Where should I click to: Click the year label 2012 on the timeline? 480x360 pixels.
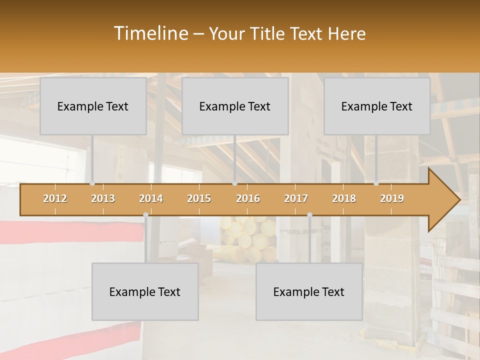tap(55, 198)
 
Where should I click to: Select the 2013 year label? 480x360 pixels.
tap(103, 198)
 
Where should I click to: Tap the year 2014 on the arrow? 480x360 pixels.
tap(151, 198)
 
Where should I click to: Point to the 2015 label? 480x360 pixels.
tap(199, 198)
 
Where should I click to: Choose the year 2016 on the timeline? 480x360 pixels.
tap(248, 198)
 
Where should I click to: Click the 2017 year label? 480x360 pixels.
tap(296, 198)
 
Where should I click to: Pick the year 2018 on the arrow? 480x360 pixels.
tap(344, 198)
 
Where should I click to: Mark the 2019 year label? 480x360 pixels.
tap(392, 198)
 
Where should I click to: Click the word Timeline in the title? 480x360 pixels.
tap(150, 33)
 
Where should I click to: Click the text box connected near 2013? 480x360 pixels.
tap(93, 106)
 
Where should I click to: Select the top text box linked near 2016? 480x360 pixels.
tap(235, 106)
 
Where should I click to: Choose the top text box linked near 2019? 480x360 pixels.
tap(377, 106)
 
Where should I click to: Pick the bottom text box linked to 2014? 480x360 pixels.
tap(145, 291)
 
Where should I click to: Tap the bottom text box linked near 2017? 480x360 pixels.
tap(309, 291)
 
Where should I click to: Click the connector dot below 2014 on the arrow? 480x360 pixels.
tap(145, 214)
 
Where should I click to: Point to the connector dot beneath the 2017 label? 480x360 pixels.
tap(309, 214)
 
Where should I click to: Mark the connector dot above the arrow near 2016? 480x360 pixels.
tap(234, 183)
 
